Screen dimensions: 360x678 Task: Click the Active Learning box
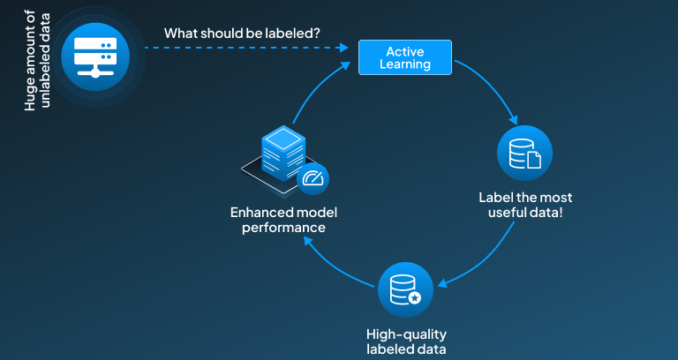point(405,56)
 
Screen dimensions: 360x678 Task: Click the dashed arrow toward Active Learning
point(247,49)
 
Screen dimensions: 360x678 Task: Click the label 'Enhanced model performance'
point(277,220)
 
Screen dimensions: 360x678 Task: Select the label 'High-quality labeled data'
point(407,341)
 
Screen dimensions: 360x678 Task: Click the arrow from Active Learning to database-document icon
point(494,89)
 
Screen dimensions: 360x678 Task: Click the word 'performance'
point(277,228)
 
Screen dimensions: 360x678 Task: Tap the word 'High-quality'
point(407,334)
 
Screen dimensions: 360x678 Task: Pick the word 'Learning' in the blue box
point(405,64)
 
